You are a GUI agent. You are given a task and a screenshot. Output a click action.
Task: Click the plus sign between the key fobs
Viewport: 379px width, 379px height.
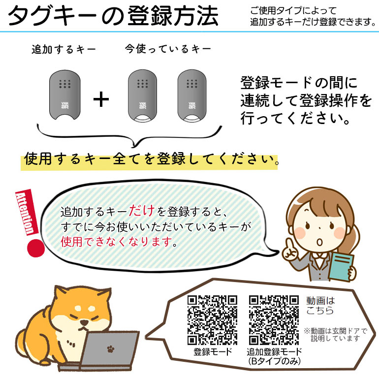101,99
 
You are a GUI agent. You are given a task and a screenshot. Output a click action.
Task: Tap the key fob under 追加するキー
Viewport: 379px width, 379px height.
65,95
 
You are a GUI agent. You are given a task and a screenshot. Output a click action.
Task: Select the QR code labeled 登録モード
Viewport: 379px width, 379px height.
213,320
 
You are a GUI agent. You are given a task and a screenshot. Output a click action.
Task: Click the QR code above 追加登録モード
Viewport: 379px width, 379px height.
274,320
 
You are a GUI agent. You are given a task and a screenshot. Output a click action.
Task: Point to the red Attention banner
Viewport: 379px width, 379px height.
27,213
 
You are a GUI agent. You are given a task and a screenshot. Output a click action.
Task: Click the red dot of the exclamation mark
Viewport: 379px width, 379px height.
36,248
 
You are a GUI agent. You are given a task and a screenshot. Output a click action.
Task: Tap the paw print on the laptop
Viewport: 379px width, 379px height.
111,349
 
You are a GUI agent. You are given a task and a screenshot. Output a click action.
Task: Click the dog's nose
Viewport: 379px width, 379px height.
84,323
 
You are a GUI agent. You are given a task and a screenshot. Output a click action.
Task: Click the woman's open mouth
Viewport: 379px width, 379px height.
319,242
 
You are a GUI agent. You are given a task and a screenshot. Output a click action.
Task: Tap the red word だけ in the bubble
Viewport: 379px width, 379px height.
142,211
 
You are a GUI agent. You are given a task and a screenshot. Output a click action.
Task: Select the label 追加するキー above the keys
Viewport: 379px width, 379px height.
64,50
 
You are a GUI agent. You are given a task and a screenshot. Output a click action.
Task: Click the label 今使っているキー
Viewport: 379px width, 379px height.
168,49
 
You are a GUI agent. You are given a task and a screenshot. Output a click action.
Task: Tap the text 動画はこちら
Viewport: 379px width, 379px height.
320,305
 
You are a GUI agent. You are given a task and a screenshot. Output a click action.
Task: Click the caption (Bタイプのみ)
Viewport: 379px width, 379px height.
274,361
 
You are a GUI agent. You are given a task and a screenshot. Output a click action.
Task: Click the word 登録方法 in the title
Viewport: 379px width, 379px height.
173,16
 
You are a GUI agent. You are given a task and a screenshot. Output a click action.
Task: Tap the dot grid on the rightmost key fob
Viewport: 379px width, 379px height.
192,84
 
